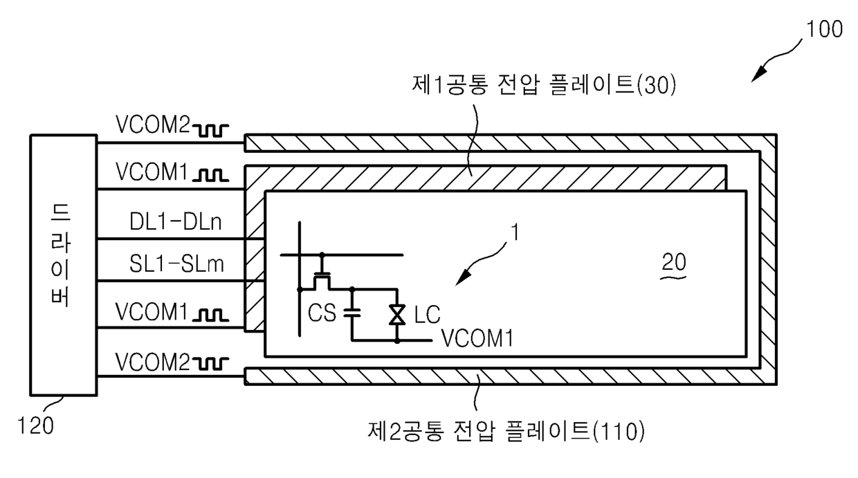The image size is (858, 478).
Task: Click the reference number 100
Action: pyautogui.click(x=824, y=29)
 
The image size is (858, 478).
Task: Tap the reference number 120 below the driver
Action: pyautogui.click(x=35, y=425)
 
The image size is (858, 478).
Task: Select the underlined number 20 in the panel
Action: pyautogui.click(x=674, y=262)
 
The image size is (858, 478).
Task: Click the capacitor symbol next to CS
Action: pyautogui.click(x=352, y=313)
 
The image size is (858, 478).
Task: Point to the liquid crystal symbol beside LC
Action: pyautogui.click(x=397, y=315)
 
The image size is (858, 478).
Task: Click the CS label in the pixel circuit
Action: pyautogui.click(x=322, y=313)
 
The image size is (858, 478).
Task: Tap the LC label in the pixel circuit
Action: pyautogui.click(x=427, y=315)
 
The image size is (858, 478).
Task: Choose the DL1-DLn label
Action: pyautogui.click(x=176, y=222)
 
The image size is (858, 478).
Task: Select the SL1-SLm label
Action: pyautogui.click(x=176, y=264)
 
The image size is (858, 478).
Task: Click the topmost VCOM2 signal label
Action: pyautogui.click(x=152, y=125)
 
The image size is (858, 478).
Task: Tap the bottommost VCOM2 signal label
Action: pyautogui.click(x=152, y=362)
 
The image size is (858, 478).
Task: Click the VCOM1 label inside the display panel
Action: pyautogui.click(x=477, y=338)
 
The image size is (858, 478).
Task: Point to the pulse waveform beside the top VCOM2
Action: pyautogui.click(x=210, y=131)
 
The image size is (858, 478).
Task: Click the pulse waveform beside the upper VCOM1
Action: pyautogui.click(x=210, y=175)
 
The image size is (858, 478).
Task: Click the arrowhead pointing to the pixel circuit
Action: pyautogui.click(x=463, y=277)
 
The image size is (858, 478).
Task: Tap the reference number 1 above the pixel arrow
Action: pyautogui.click(x=515, y=232)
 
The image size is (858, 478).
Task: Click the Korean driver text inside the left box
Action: pyautogui.click(x=60, y=255)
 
